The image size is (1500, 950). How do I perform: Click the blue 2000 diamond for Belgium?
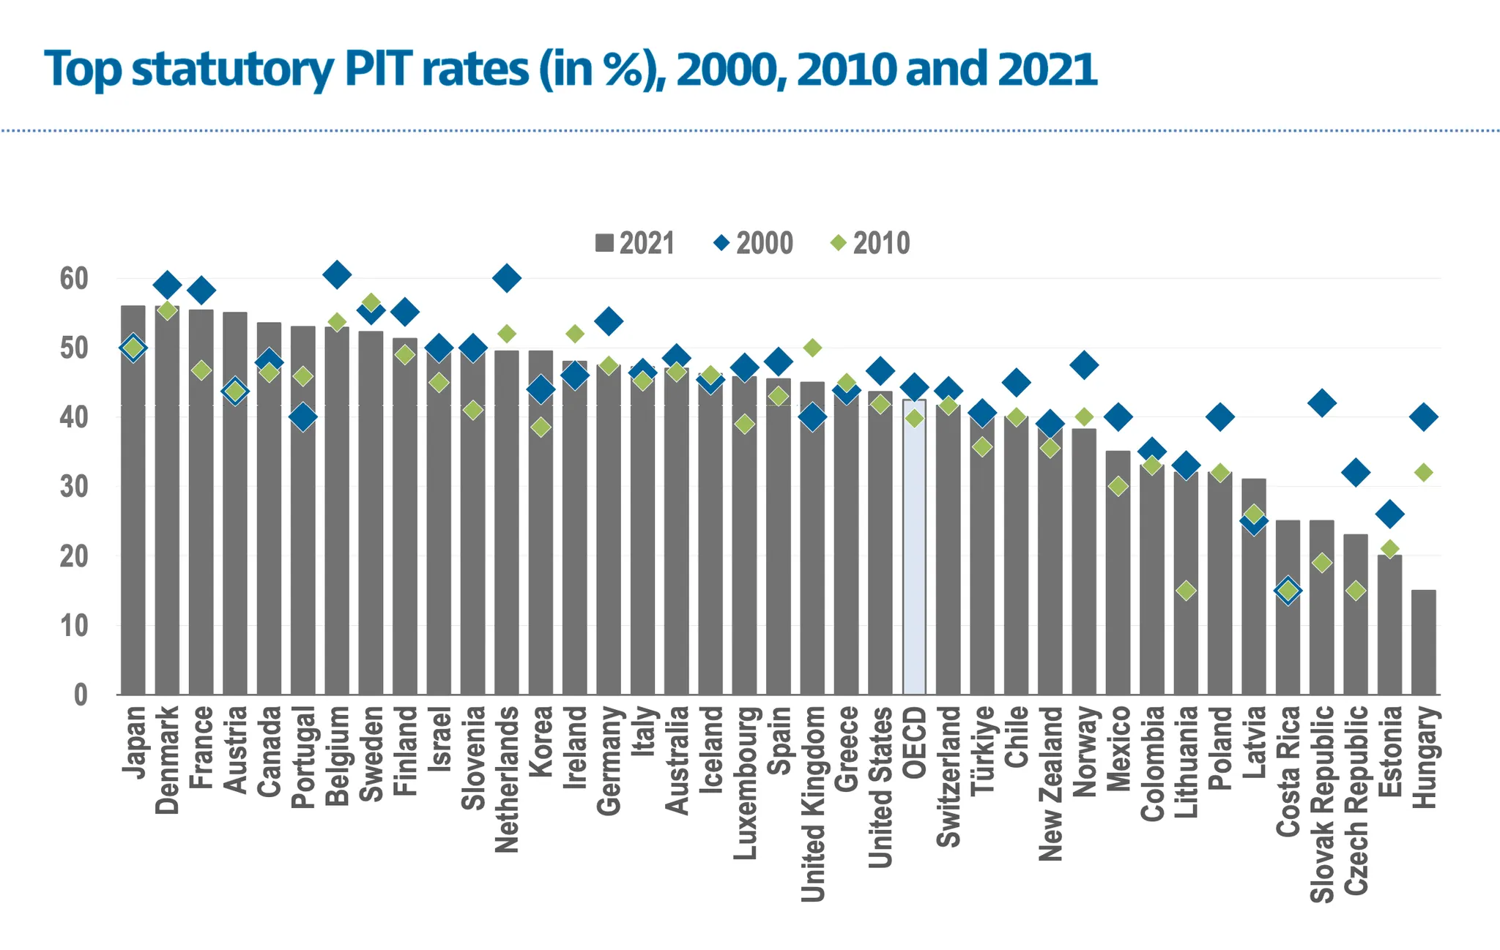(337, 275)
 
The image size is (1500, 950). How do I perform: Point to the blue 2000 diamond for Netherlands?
(507, 278)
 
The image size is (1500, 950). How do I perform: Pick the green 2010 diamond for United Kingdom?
(812, 348)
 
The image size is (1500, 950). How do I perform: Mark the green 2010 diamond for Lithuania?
(1186, 591)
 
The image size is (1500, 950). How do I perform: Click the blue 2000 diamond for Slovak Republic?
(1322, 403)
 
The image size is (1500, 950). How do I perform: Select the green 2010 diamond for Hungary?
(1423, 473)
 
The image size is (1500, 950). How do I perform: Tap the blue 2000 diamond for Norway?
(1084, 364)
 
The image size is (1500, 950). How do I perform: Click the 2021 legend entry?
(634, 243)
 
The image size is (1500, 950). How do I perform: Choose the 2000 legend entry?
(754, 243)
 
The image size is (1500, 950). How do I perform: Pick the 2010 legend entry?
(870, 243)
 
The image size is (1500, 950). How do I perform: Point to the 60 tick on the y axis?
(74, 279)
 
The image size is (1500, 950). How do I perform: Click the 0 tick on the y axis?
(81, 695)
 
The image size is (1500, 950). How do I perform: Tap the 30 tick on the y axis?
(74, 487)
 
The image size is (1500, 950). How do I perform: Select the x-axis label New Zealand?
(1050, 783)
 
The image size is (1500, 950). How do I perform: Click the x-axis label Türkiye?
(982, 749)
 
